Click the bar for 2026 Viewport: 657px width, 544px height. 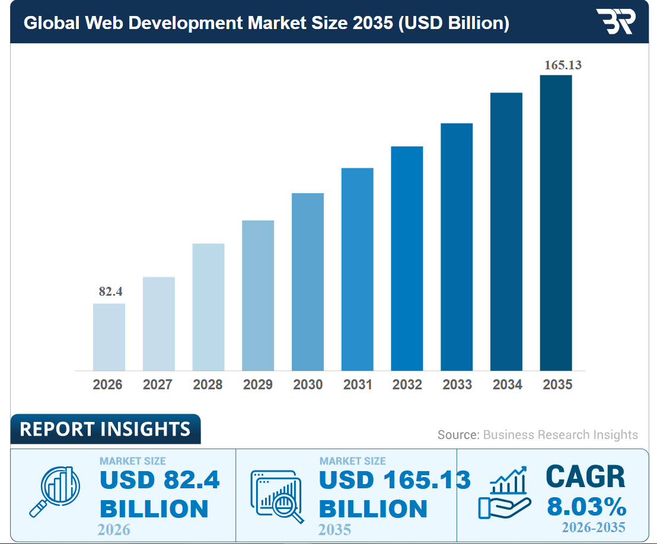[x=109, y=337]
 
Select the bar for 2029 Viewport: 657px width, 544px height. [x=258, y=295]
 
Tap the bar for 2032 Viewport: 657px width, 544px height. [x=407, y=258]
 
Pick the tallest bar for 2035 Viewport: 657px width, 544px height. [x=556, y=222]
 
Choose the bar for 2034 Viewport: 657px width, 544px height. [x=506, y=231]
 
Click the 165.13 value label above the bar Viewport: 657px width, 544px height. [x=563, y=65]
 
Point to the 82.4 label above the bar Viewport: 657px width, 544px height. [x=110, y=292]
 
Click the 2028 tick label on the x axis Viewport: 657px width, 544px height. [x=208, y=385]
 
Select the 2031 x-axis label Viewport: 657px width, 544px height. [x=358, y=385]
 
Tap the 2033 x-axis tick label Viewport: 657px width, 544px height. [x=457, y=385]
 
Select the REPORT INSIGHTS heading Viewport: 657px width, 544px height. [x=105, y=429]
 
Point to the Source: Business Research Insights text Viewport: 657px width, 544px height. [x=537, y=434]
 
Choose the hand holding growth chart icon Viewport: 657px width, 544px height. [x=504, y=491]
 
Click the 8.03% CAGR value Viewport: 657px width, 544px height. [x=586, y=507]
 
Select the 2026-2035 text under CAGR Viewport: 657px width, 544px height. [x=594, y=527]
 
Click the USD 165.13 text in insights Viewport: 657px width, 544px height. [x=394, y=480]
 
